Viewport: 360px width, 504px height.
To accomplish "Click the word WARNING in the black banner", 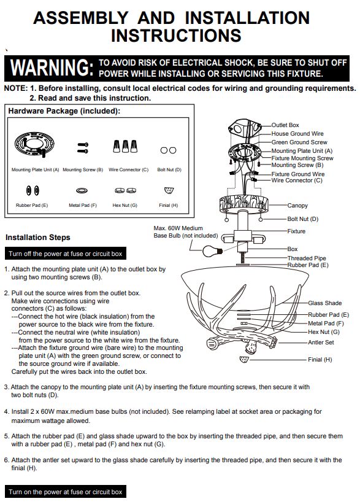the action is coord(52,68).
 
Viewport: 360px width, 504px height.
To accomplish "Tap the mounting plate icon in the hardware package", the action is coord(34,145).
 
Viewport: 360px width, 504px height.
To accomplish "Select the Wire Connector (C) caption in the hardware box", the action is coord(128,169).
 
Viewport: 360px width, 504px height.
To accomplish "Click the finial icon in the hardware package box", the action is coord(169,190).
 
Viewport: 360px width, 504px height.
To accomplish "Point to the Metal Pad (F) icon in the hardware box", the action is coord(82,190).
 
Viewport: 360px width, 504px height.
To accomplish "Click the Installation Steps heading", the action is coord(38,238).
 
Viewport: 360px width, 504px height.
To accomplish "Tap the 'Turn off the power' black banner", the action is coord(66,254).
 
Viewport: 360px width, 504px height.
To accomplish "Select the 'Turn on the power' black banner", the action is coord(66,492).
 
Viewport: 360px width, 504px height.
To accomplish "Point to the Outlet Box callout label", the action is coord(285,125).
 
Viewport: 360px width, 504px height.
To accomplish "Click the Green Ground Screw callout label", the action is coord(299,142).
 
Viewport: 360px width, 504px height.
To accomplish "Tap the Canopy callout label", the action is coord(297,206).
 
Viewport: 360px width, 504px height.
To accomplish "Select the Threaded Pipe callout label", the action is coord(307,258).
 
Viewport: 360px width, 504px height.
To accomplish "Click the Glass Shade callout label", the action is coord(324,303).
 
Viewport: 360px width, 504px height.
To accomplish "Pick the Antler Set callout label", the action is coord(321,343).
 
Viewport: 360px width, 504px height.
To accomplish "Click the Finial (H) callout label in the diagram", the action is coord(320,360).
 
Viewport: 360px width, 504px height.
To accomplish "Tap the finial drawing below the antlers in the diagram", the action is coord(244,359).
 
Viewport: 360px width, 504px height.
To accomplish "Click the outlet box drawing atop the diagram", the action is coord(243,128).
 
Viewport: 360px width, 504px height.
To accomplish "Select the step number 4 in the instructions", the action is coord(6,412).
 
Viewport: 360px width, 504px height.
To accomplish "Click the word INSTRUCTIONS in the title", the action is coord(176,36).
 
